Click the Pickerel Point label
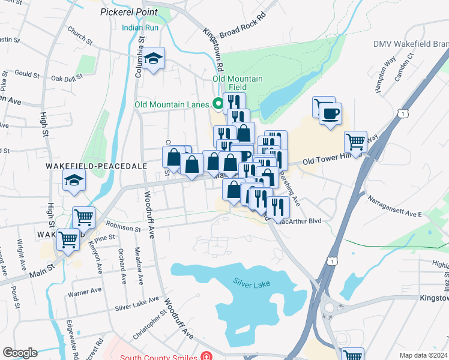pyautogui.click(x=129, y=12)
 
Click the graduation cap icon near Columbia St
pyautogui.click(x=154, y=58)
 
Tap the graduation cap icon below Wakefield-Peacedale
pyautogui.click(x=74, y=180)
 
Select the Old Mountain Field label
pyautogui.click(x=238, y=83)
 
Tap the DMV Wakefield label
pyautogui.click(x=411, y=44)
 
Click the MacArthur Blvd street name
pyautogui.click(x=301, y=221)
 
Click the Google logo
pyautogui.click(x=20, y=353)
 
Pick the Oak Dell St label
pyautogui.click(x=66, y=78)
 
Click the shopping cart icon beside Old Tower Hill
pyautogui.click(x=355, y=142)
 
